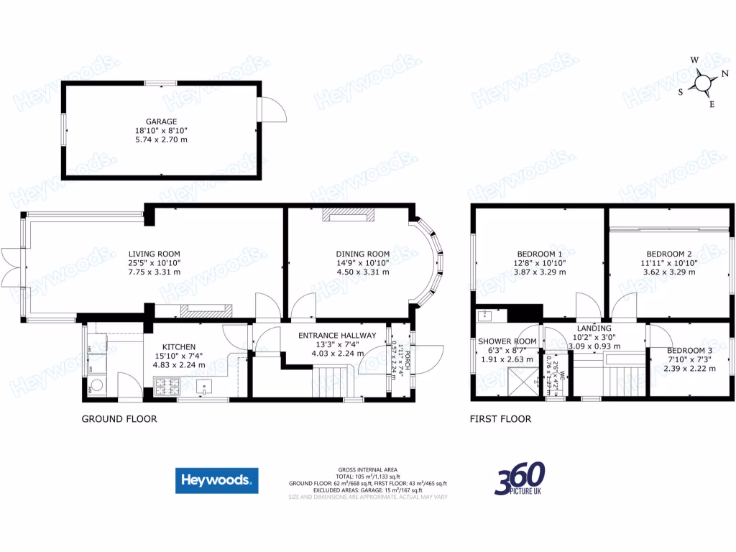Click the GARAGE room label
click(161, 121)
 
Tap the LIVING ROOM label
click(154, 254)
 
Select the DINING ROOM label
click(363, 254)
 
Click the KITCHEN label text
click(179, 346)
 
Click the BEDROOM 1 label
click(540, 254)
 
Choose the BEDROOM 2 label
click(668, 254)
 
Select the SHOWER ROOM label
click(507, 341)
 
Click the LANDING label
click(594, 328)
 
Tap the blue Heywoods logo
click(216, 480)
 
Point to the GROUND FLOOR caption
click(119, 419)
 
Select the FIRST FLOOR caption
click(500, 419)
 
